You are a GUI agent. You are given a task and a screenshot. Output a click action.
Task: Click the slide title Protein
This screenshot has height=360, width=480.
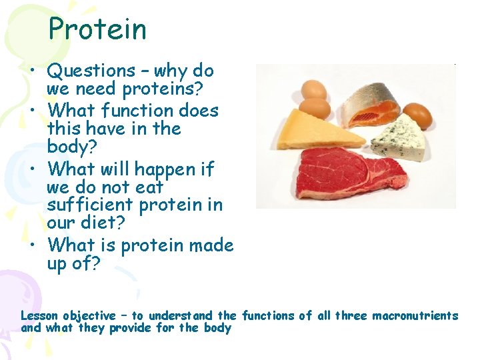97,29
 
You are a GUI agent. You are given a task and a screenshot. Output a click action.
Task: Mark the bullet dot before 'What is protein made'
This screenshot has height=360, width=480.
33,245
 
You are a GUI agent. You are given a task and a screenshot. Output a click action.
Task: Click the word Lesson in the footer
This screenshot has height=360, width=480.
39,315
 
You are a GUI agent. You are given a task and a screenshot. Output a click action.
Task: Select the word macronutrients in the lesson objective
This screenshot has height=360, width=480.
415,315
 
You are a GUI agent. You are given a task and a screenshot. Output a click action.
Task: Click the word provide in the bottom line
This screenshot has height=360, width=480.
134,328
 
